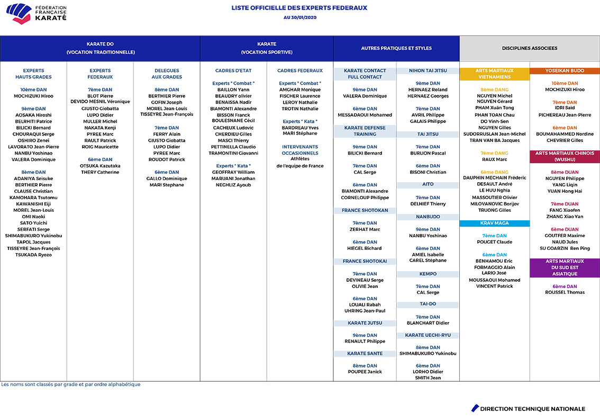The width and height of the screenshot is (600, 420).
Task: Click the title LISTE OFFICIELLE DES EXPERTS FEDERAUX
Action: click(299, 8)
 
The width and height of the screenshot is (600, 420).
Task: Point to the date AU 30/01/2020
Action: click(299, 17)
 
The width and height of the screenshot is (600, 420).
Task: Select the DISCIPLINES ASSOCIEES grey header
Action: click(530, 48)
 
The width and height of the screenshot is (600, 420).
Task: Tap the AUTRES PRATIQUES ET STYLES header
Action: click(396, 48)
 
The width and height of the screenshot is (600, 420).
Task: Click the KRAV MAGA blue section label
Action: click(494, 223)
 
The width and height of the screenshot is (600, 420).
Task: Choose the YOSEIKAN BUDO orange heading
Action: click(565, 70)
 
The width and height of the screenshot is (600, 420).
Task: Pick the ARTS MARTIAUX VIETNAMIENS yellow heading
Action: click(494, 74)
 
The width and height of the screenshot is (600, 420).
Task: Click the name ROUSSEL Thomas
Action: click(565, 292)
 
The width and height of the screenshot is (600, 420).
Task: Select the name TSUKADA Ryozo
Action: click(33, 255)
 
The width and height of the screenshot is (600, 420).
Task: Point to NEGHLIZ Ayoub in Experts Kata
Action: click(233, 185)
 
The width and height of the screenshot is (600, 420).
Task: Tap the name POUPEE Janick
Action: click(365, 372)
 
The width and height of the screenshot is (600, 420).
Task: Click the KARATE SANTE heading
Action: click(365, 353)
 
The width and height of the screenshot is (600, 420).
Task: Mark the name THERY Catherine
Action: click(100, 172)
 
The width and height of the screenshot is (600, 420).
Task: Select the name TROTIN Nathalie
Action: click(300, 109)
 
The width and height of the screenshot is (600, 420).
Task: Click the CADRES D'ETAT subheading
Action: click(233, 70)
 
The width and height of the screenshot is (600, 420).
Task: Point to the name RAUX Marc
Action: click(494, 159)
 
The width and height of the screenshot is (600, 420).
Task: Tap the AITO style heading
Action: click(428, 184)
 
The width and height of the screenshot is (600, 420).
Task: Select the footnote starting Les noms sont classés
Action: click(71, 385)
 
